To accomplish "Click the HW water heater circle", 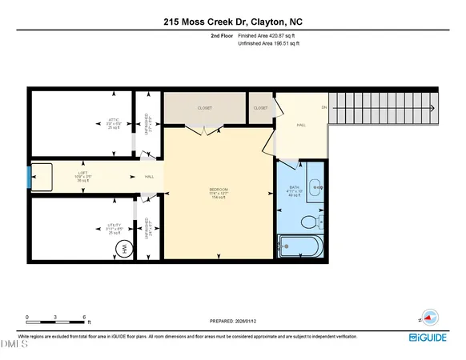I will [125, 250].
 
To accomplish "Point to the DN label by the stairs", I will [324, 107].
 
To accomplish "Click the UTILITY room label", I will [114, 226].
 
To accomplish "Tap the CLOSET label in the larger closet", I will [204, 107].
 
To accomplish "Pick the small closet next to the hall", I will [260, 108].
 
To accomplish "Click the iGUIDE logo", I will [433, 338].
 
